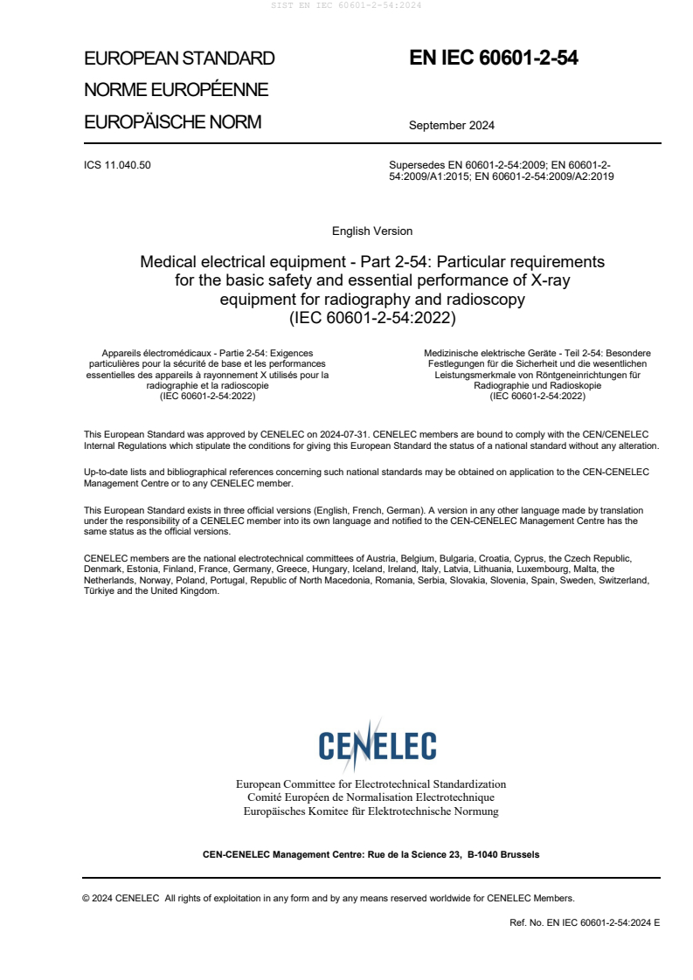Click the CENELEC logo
pyautogui.click(x=377, y=745)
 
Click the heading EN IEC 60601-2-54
pyautogui.click(x=494, y=59)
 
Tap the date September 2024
pyautogui.click(x=451, y=125)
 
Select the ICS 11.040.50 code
pyautogui.click(x=117, y=165)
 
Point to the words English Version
pyautogui.click(x=372, y=231)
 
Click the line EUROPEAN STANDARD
pyautogui.click(x=179, y=59)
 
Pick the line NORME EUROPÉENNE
pyautogui.click(x=176, y=90)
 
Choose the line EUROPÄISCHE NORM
pyautogui.click(x=172, y=122)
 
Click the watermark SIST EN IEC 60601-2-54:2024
pyautogui.click(x=346, y=5)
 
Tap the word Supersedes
pyautogui.click(x=417, y=165)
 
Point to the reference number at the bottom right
pyautogui.click(x=585, y=922)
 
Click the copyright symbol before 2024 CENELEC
pyautogui.click(x=87, y=897)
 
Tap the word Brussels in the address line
pyautogui.click(x=520, y=854)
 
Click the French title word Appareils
pyautogui.click(x=121, y=353)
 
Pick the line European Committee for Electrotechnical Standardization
pyautogui.click(x=371, y=784)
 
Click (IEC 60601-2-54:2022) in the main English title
pyautogui.click(x=372, y=318)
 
